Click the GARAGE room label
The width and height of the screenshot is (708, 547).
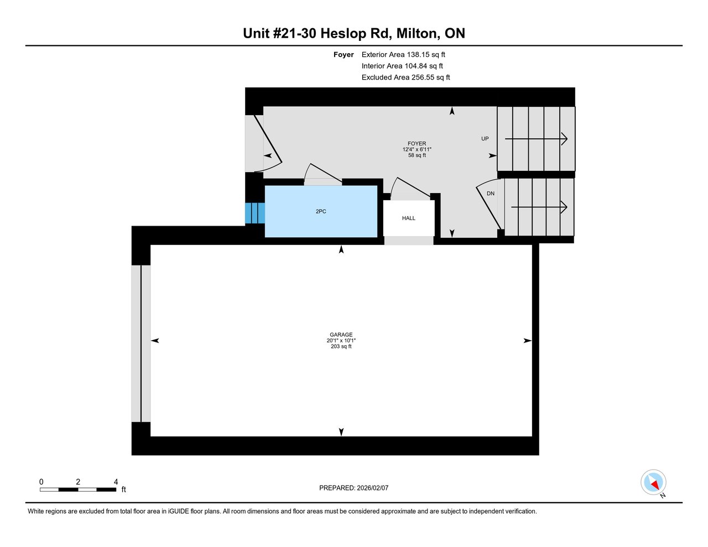pyautogui.click(x=341, y=335)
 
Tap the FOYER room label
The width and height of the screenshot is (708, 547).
pyautogui.click(x=417, y=144)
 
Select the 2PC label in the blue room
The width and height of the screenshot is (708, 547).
pyautogui.click(x=321, y=212)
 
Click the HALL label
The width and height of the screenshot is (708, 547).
pyautogui.click(x=409, y=218)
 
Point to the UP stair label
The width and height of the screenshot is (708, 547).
pyautogui.click(x=485, y=139)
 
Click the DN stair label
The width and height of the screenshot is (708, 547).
pyautogui.click(x=491, y=194)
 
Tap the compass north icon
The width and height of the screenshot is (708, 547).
pyautogui.click(x=654, y=483)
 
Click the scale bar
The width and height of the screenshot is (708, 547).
pyautogui.click(x=77, y=489)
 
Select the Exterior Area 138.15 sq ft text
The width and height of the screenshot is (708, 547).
pyautogui.click(x=403, y=55)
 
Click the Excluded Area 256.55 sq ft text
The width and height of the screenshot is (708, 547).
pyautogui.click(x=405, y=77)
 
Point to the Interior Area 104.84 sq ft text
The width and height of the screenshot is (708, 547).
pyautogui.click(x=402, y=66)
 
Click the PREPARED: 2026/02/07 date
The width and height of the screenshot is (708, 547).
pyautogui.click(x=354, y=488)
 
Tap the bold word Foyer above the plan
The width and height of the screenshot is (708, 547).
pyautogui.click(x=343, y=55)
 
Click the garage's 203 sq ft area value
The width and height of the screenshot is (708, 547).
pyautogui.click(x=341, y=347)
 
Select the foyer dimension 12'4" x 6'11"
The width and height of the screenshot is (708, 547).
pyautogui.click(x=417, y=149)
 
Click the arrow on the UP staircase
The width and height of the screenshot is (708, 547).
pyautogui.click(x=536, y=139)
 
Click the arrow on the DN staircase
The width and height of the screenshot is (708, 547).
pyautogui.click(x=539, y=207)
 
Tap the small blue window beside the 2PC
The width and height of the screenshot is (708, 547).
pyautogui.click(x=254, y=213)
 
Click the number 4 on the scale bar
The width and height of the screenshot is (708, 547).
pyautogui.click(x=116, y=482)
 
